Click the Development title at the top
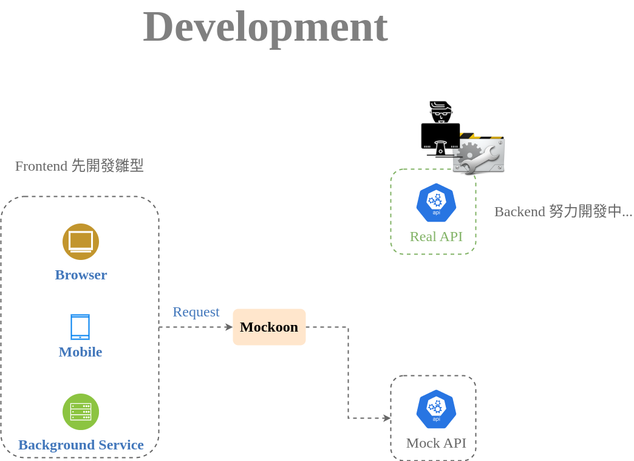(x=265, y=27)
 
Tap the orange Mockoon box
(x=269, y=327)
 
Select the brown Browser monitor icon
(x=81, y=241)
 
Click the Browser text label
(x=81, y=275)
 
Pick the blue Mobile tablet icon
(x=80, y=327)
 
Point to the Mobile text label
(x=80, y=352)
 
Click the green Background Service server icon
(x=81, y=411)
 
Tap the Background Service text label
(x=81, y=445)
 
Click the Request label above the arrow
(x=196, y=312)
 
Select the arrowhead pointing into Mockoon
(x=229, y=327)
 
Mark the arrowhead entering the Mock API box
(x=387, y=418)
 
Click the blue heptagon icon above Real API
(x=436, y=202)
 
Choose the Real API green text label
(x=436, y=236)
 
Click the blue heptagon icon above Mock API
(x=436, y=409)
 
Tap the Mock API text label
(x=436, y=443)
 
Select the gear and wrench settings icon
(x=480, y=155)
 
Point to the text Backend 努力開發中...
(x=563, y=211)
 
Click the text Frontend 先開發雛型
(x=79, y=165)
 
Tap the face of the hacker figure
(x=440, y=114)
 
